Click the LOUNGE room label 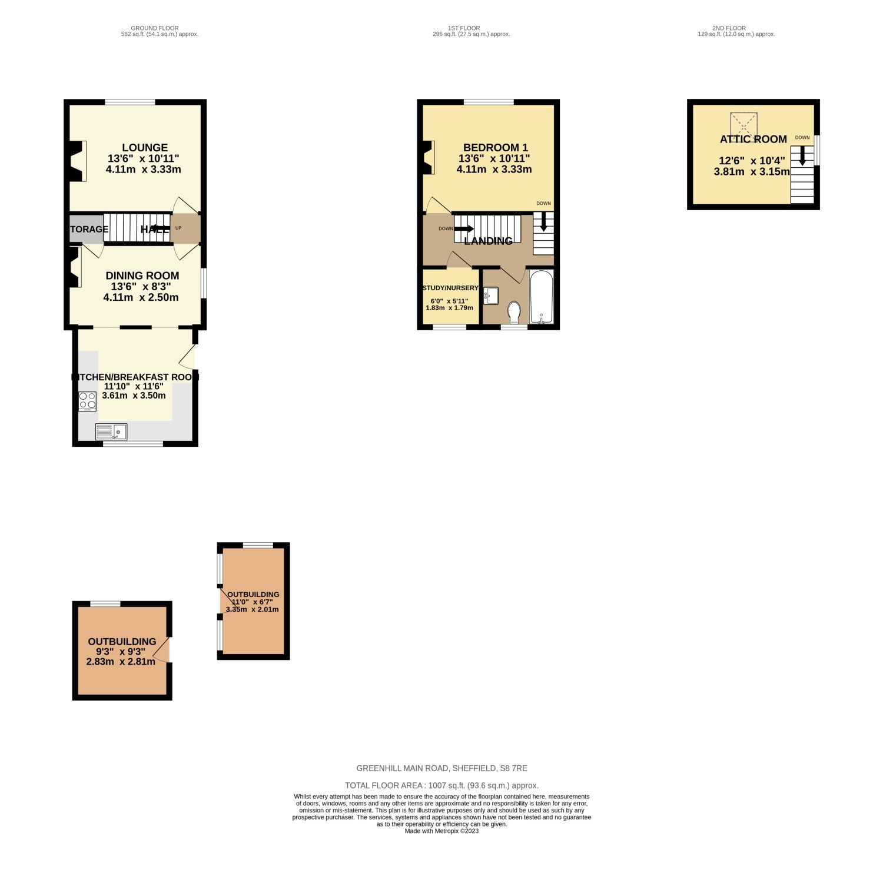(145, 148)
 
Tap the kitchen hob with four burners (87, 401)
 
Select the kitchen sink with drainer (111, 432)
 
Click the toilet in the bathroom (514, 312)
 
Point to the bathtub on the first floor (541, 297)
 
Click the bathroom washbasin (490, 296)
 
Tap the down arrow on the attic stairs (802, 155)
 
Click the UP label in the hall (178, 228)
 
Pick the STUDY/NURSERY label (450, 288)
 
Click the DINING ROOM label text (142, 276)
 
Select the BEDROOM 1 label (495, 148)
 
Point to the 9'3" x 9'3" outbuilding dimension (121, 652)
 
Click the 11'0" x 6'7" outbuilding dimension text (253, 602)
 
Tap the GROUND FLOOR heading (155, 28)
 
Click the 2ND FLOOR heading (729, 28)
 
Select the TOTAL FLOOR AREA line (441, 785)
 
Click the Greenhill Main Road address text (441, 768)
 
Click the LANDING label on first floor (488, 241)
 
